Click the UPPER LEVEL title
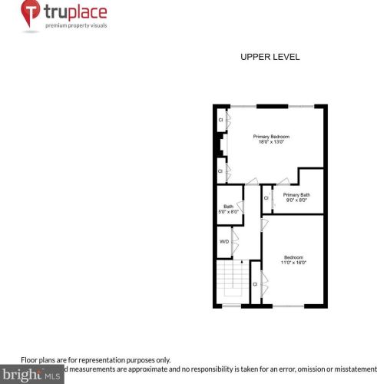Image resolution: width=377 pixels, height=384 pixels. (270, 57)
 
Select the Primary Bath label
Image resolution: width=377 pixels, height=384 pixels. (296, 195)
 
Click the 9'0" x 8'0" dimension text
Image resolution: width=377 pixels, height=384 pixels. (296, 200)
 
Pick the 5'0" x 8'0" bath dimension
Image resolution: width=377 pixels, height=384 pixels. (228, 212)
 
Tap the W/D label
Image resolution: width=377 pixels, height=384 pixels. (224, 241)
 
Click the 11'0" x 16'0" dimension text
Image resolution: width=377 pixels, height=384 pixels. (294, 263)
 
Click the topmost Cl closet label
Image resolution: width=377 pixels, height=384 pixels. (220, 121)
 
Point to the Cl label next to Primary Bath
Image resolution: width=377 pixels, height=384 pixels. (266, 198)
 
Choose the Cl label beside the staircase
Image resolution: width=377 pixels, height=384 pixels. (255, 284)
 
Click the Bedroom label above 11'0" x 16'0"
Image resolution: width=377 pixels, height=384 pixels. (293, 257)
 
